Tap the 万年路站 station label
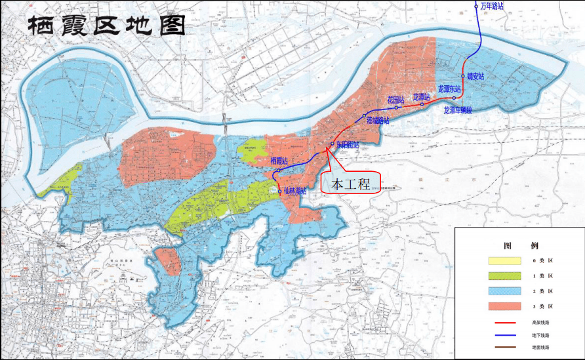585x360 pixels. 493,6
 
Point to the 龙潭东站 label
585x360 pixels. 449,89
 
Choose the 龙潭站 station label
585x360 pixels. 422,97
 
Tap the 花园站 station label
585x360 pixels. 395,100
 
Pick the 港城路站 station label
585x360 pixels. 378,121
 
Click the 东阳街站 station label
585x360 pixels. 348,144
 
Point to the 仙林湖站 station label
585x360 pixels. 296,191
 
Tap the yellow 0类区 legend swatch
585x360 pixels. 502,261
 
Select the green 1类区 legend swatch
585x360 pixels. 502,276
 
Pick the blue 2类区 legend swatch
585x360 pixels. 502,291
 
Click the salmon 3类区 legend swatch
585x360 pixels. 502,306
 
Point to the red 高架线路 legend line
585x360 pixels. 502,322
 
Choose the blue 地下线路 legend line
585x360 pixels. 502,335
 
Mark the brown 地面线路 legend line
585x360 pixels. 502,347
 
